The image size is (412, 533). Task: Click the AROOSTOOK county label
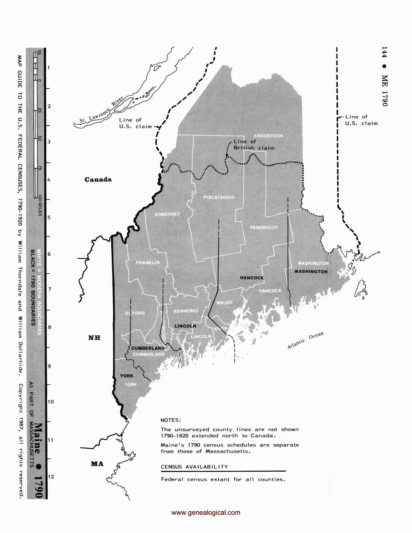(x=268, y=135)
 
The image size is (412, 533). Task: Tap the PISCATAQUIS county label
(x=218, y=197)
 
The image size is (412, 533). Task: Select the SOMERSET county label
(x=167, y=214)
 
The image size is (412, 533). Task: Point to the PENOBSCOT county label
(x=264, y=227)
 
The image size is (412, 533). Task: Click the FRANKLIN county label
(x=148, y=263)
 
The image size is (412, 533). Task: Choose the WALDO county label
(x=224, y=302)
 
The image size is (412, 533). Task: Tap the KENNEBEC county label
(x=185, y=310)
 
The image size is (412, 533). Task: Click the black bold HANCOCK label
(x=252, y=278)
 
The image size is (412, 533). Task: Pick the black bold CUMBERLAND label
(x=148, y=348)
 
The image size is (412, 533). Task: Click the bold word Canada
(x=98, y=180)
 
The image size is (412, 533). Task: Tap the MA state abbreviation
(x=97, y=464)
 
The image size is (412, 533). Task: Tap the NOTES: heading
(x=171, y=420)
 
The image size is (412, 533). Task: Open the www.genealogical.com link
(x=206, y=513)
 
